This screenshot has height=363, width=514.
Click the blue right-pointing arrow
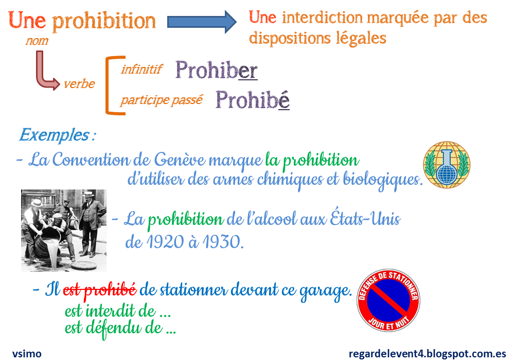[x=201, y=22]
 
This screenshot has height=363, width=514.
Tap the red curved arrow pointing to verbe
[x=45, y=72]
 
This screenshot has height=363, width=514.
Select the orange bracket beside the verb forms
[x=109, y=85]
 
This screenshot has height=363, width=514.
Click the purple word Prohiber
[x=216, y=71]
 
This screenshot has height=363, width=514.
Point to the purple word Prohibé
[x=252, y=99]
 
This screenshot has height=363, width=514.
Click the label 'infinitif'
[x=141, y=69]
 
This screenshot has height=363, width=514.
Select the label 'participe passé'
[x=162, y=100]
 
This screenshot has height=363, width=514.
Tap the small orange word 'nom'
[x=37, y=41]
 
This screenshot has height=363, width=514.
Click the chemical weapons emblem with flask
[x=447, y=164]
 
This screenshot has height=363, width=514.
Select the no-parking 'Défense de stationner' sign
[x=388, y=302]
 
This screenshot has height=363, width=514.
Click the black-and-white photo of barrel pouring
[x=64, y=230]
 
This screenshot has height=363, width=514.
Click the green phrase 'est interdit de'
[x=117, y=312]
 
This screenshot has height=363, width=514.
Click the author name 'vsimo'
[x=27, y=354]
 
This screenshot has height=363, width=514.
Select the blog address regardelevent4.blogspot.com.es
[x=427, y=354]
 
